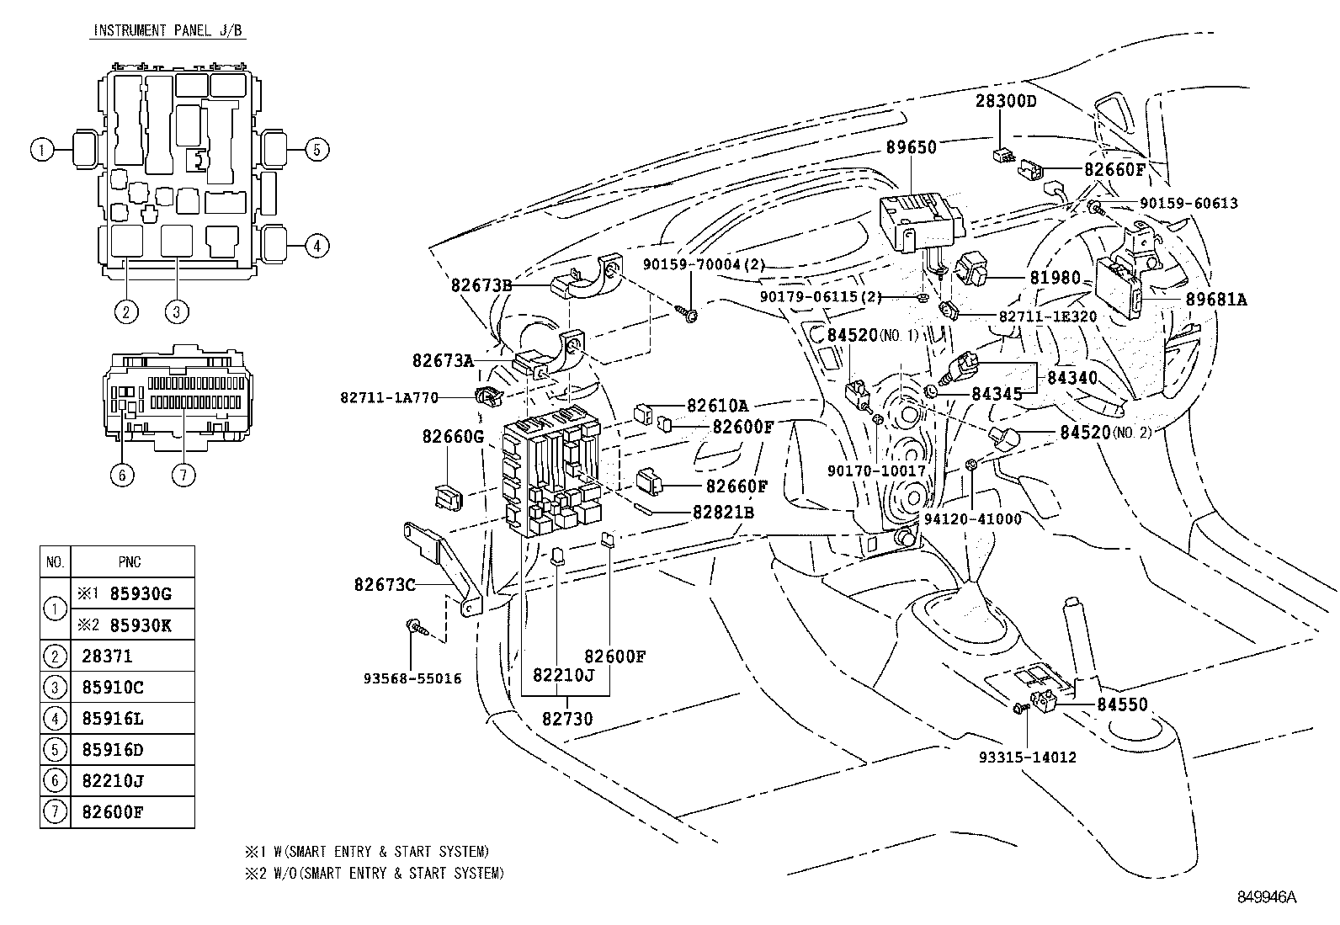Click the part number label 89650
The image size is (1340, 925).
click(911, 147)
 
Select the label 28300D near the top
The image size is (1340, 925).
click(1006, 101)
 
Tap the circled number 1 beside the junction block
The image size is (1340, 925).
click(39, 150)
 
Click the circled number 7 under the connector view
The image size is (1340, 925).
click(183, 475)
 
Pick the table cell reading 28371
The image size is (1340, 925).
click(108, 657)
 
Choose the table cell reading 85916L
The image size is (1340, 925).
click(113, 719)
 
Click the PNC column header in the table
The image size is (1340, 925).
click(130, 562)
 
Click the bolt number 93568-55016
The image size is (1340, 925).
click(412, 678)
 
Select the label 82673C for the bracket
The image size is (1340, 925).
click(385, 584)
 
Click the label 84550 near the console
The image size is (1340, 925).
click(1122, 704)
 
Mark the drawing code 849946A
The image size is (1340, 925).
click(1266, 897)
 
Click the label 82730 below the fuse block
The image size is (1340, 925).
click(567, 719)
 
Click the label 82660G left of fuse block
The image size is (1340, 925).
click(453, 436)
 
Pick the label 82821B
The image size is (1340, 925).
click(723, 512)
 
